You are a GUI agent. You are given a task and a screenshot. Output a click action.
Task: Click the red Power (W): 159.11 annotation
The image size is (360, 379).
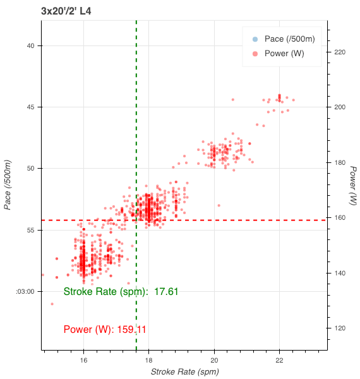105,329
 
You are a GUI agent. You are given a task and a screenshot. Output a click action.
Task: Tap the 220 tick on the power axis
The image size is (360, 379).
340,52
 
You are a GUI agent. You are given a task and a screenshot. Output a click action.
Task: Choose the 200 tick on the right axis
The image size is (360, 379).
340,107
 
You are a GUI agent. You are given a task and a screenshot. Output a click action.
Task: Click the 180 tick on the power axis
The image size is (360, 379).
340,162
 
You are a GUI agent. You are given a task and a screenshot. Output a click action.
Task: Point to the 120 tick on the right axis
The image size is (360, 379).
340,328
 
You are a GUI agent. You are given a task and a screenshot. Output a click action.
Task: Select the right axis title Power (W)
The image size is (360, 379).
354,185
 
